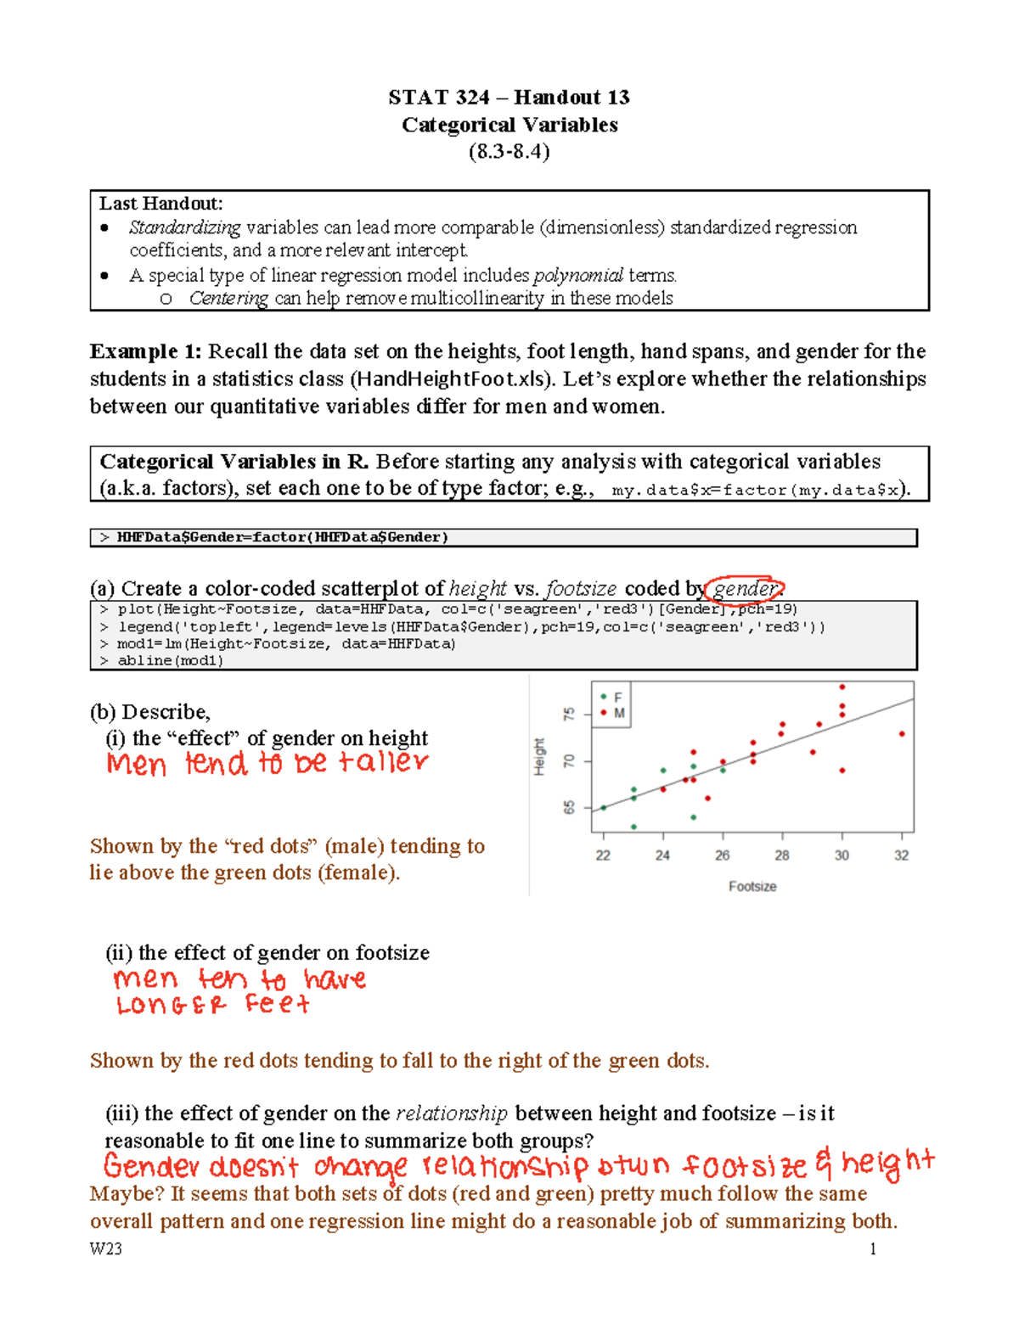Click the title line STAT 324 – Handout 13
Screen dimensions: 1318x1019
pos(509,98)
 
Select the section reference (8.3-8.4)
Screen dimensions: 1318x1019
pos(509,152)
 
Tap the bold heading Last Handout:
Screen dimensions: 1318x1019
pos(160,204)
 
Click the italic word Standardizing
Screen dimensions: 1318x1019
pos(184,227)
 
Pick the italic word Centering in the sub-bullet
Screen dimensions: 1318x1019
pos(228,298)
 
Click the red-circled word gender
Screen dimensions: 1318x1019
pos(745,588)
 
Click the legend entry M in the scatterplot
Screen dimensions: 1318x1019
pos(619,713)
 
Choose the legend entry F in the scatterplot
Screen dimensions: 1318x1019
pos(618,697)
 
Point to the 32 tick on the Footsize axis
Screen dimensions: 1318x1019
pos(901,855)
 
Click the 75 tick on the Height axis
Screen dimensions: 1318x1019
pos(569,715)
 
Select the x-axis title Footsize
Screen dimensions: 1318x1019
pos(752,886)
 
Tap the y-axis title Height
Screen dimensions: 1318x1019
pos(539,756)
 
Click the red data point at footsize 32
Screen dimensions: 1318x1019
pos(902,734)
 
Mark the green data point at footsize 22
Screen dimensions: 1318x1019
pos(604,808)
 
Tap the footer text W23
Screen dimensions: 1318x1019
pos(106,1248)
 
